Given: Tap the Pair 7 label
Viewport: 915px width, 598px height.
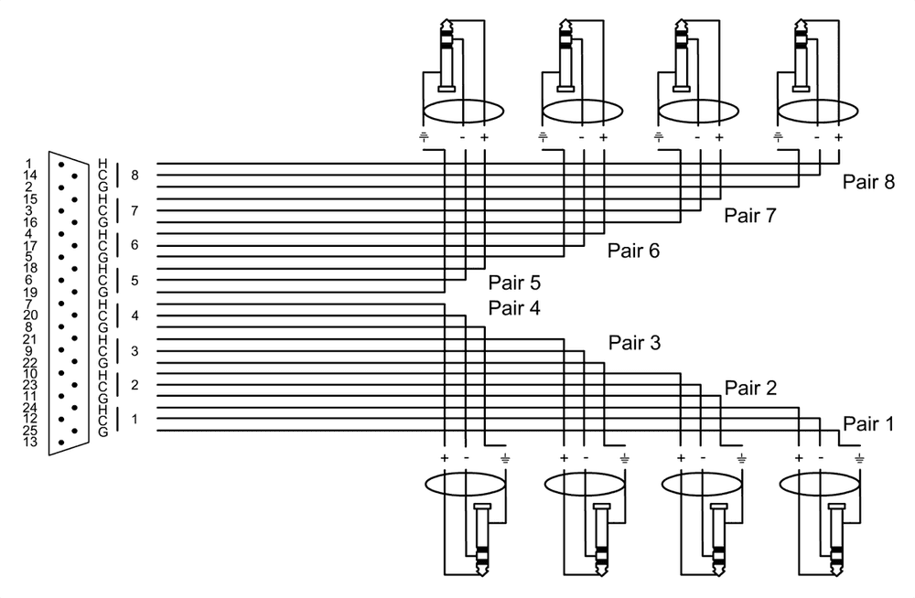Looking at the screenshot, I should (x=750, y=216).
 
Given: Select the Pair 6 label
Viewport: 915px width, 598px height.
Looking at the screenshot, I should (x=633, y=250).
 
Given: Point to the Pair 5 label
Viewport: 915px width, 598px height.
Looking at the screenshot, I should (x=514, y=283).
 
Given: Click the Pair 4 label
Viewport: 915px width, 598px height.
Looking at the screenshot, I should (x=514, y=307).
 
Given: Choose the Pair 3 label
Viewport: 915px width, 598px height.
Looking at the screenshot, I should (x=633, y=342).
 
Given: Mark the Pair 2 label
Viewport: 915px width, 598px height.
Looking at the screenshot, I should (x=750, y=388).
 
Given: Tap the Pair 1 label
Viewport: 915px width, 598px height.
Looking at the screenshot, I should (x=867, y=422).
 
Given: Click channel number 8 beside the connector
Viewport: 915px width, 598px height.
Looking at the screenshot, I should (x=135, y=175).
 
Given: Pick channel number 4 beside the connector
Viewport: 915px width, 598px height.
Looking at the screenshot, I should (x=135, y=316).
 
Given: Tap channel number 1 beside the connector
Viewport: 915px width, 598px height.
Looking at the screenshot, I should (x=135, y=419).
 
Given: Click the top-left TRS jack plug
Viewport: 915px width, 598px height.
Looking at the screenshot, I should (x=447, y=55).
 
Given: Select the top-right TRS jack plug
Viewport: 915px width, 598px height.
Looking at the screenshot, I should (x=803, y=55).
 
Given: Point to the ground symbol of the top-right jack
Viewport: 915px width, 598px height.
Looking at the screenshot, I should (x=779, y=138).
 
